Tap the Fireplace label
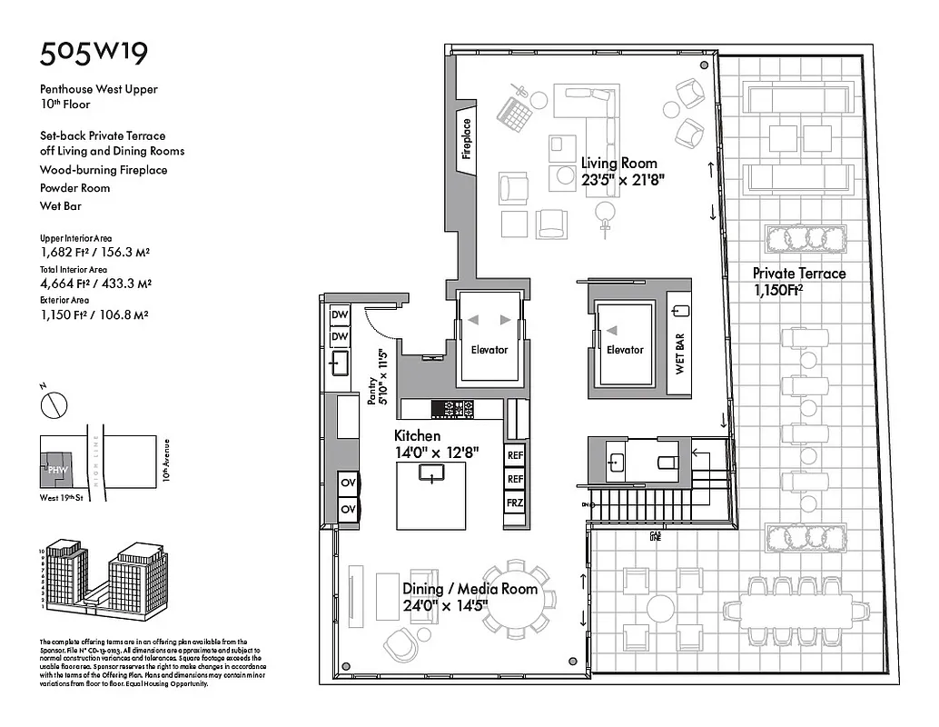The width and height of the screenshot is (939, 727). pos(467,139)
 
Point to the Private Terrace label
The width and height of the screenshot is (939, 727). pos(798,274)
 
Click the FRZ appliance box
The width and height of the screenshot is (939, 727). pos(515,502)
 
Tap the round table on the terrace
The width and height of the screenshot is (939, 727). pos(660,608)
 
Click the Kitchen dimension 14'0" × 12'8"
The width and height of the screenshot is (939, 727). pos(436,452)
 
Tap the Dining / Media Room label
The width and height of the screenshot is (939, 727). pos(470,589)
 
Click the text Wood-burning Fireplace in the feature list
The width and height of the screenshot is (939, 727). pos(104,170)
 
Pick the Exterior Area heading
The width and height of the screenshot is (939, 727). pos(64,299)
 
